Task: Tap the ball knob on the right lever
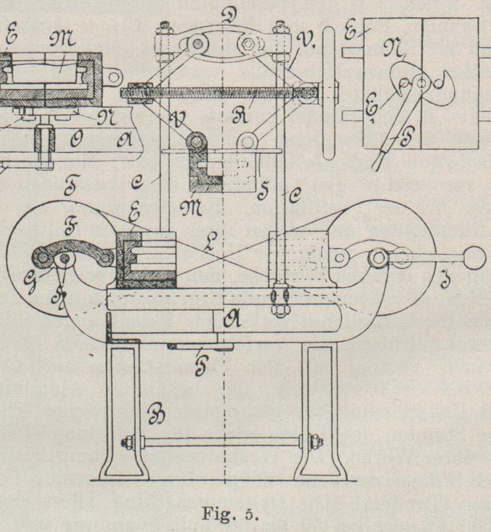475,257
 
